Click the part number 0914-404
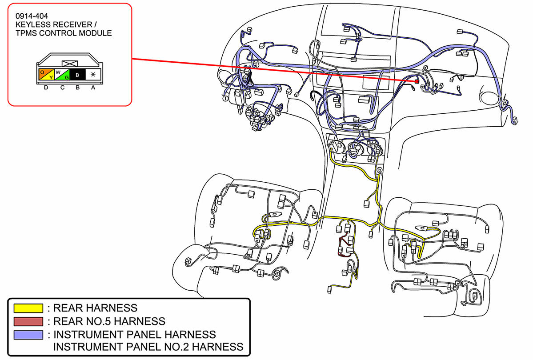point(32,16)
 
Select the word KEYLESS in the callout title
point(32,24)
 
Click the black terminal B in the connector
point(77,75)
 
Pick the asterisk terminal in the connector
point(93,75)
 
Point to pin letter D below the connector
point(46,88)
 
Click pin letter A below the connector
point(93,88)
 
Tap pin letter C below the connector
point(62,88)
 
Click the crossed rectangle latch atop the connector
point(70,63)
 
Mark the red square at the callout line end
point(417,82)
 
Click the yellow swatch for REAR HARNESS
point(28,308)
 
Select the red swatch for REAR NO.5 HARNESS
point(28,321)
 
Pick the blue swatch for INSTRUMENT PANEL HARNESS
point(28,335)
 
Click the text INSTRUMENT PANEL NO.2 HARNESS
point(148,347)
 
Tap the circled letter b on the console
point(379,170)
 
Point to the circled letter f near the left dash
point(225,98)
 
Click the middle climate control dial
point(355,148)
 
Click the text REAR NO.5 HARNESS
point(109,321)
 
